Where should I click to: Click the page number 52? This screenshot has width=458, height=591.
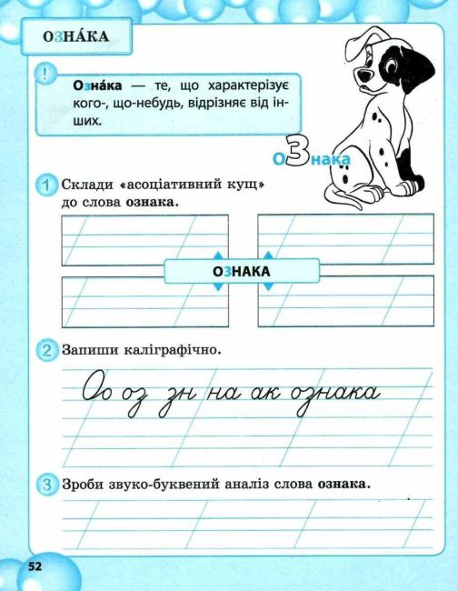(x=35, y=566)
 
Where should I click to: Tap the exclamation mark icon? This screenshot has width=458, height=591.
(x=45, y=73)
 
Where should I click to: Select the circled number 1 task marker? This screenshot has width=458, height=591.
(x=47, y=185)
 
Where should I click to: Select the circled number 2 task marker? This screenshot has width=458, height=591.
(x=46, y=350)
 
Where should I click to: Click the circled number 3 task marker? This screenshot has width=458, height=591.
(x=46, y=484)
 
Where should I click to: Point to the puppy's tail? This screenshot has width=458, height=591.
(x=340, y=196)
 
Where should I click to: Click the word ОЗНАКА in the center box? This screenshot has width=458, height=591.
(x=241, y=271)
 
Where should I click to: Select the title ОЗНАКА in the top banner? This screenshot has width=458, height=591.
(x=75, y=37)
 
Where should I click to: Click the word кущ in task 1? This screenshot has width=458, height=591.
(x=244, y=185)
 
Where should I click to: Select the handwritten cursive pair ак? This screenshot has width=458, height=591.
(x=265, y=393)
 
